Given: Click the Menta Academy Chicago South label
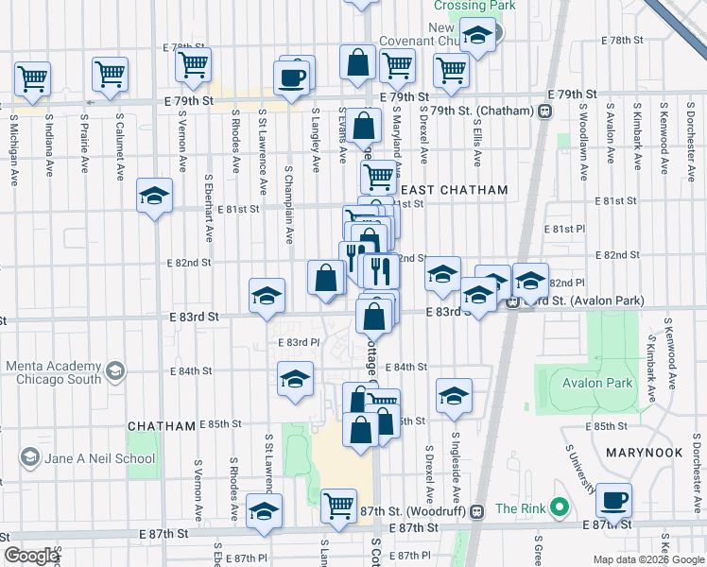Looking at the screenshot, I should [52, 372].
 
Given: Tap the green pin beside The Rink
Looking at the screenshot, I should [559, 508].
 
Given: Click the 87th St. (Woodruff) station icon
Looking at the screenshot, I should [476, 510].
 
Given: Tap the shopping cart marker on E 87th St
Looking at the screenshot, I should [338, 506].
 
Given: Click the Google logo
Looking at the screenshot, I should [30, 556].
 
